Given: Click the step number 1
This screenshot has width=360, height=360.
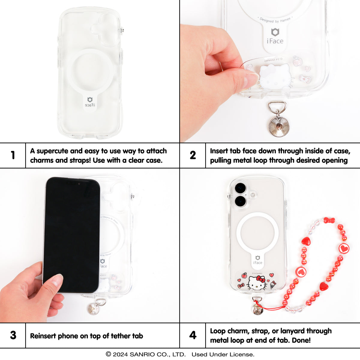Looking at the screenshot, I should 13,155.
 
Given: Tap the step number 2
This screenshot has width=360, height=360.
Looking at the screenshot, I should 193,155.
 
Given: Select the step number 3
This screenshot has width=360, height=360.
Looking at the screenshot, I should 13,335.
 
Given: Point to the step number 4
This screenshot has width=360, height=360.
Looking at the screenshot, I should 193,335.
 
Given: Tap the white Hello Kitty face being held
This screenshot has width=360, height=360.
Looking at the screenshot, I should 274,75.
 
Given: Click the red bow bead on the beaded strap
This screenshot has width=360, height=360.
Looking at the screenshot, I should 329,220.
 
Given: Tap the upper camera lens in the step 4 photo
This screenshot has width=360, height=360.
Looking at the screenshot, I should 240,188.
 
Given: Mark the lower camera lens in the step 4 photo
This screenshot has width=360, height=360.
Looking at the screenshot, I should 240,201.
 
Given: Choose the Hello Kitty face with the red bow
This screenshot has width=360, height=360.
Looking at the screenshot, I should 257,283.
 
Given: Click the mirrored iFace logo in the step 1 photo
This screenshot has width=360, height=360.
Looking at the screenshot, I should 90,102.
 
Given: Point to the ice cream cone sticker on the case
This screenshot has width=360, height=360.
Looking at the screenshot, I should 272,285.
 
